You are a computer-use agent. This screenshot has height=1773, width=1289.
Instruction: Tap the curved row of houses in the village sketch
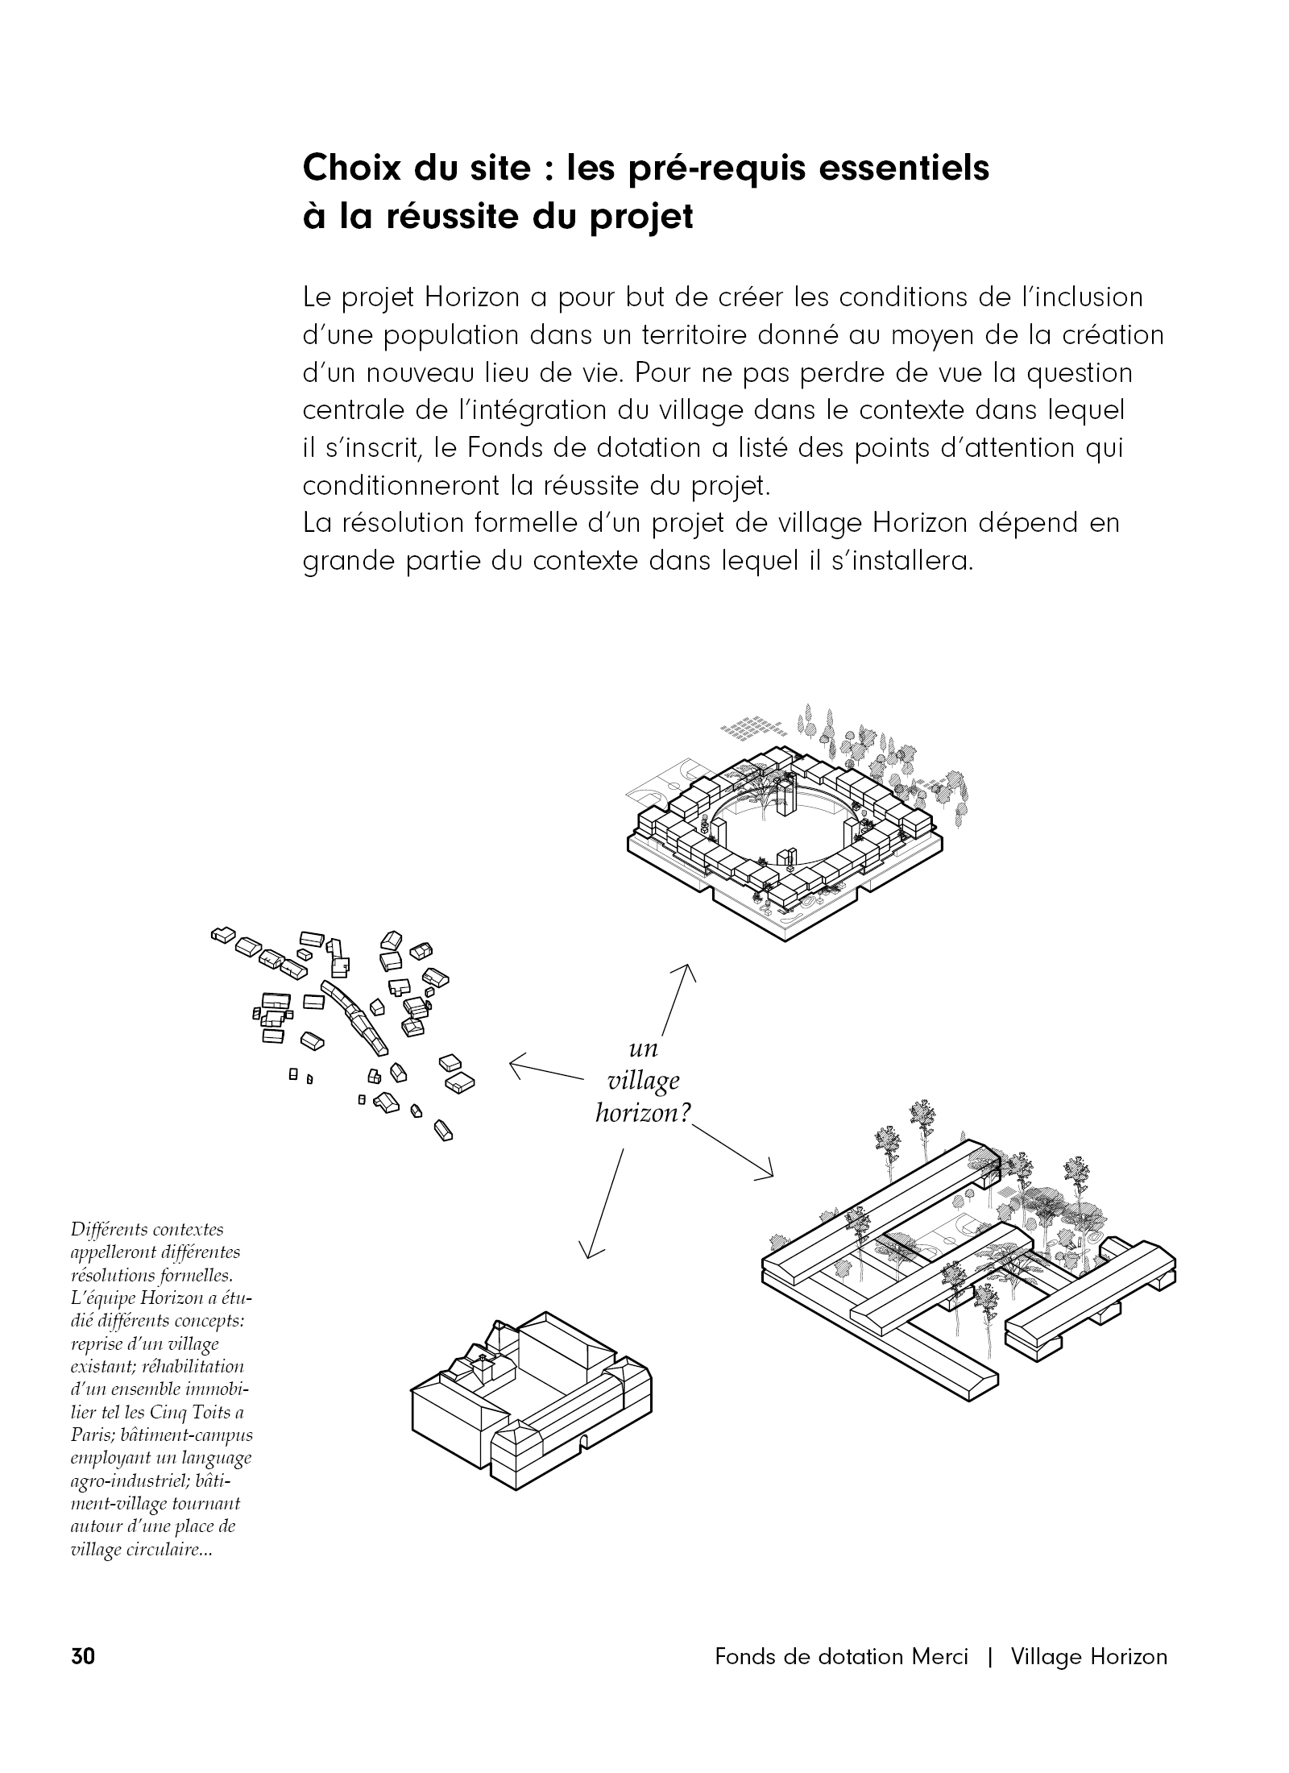point(354,1017)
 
